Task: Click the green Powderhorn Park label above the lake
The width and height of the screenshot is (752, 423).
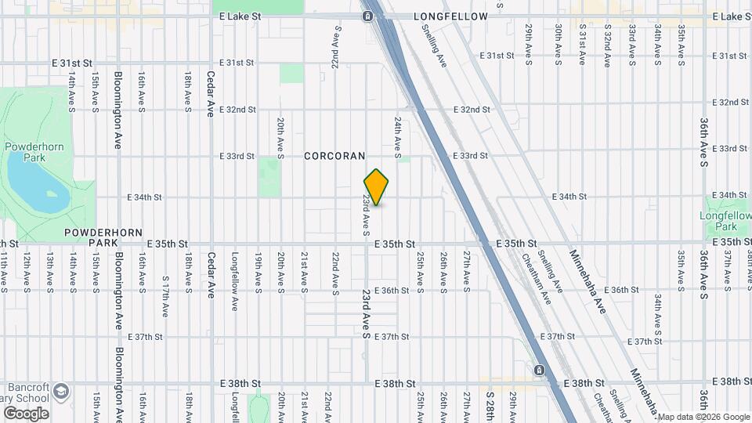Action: pos(25,152)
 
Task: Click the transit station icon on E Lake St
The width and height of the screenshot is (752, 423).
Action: pos(367,16)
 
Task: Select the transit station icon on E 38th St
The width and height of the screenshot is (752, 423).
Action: pos(539,370)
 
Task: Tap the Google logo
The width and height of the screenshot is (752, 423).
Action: pos(26,414)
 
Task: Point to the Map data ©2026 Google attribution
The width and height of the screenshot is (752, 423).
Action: pos(703,417)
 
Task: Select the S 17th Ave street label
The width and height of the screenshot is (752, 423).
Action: pos(165,295)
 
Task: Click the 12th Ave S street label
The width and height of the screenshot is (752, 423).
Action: pos(27,271)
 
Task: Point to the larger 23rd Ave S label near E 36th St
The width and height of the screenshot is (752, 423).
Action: pos(366,313)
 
